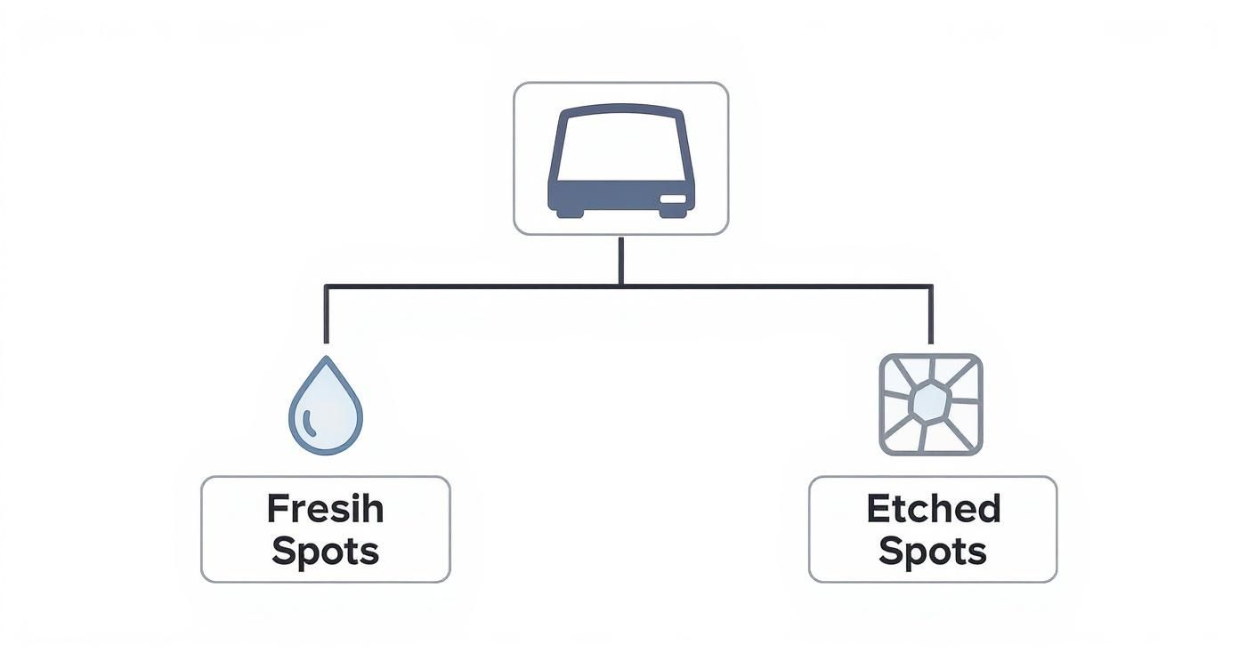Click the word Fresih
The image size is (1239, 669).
[325, 510]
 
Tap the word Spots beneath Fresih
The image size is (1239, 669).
[325, 552]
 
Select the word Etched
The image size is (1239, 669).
[933, 509]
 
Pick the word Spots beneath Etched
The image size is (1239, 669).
[933, 552]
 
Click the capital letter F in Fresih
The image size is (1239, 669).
[278, 510]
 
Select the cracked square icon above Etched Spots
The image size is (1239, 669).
[931, 404]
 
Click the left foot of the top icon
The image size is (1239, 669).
[567, 212]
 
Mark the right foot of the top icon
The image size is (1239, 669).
[675, 212]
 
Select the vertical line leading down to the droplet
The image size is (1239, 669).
[327, 314]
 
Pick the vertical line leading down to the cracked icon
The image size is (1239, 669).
[931, 314]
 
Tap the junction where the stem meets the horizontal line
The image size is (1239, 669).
[620, 286]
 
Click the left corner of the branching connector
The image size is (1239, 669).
[327, 286]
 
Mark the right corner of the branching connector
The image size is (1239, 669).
[931, 286]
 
